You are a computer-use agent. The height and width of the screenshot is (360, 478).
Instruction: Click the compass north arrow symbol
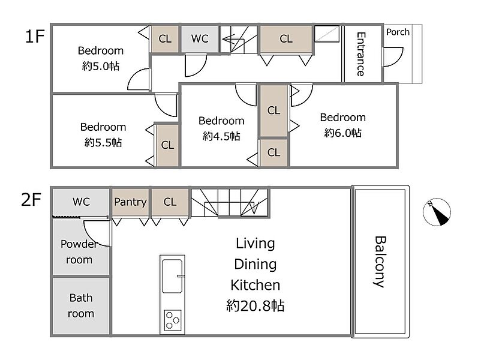[437, 212]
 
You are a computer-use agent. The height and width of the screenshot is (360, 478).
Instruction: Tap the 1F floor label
[34, 37]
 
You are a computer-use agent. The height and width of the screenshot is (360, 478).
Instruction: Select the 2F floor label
[31, 200]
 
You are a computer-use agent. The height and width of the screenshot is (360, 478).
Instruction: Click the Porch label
[398, 32]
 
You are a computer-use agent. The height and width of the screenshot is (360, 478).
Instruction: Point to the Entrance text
[360, 54]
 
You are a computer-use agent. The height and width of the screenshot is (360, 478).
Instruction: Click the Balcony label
[380, 262]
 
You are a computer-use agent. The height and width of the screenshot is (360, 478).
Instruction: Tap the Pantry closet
[130, 203]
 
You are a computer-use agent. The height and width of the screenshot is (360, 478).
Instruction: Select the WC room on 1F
[200, 39]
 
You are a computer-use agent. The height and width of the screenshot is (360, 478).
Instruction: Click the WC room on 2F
[81, 202]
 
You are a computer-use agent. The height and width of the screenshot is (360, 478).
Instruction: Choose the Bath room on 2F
[81, 305]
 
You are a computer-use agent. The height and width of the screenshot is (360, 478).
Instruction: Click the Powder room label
[79, 251]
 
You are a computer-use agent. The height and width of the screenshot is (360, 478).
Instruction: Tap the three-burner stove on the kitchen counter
[173, 320]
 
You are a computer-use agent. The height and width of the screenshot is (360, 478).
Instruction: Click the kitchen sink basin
[172, 276]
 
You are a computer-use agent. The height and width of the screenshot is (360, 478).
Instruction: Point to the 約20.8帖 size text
[255, 305]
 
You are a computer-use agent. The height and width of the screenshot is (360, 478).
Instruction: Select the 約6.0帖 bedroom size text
[343, 133]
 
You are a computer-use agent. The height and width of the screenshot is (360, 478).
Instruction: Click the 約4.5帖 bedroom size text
[221, 136]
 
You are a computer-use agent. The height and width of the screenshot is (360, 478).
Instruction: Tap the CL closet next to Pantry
[170, 203]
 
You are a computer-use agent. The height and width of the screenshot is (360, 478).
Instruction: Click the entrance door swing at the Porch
[393, 57]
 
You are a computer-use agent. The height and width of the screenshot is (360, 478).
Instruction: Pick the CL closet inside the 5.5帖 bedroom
[167, 145]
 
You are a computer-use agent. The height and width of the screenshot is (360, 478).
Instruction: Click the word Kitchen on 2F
[255, 285]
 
